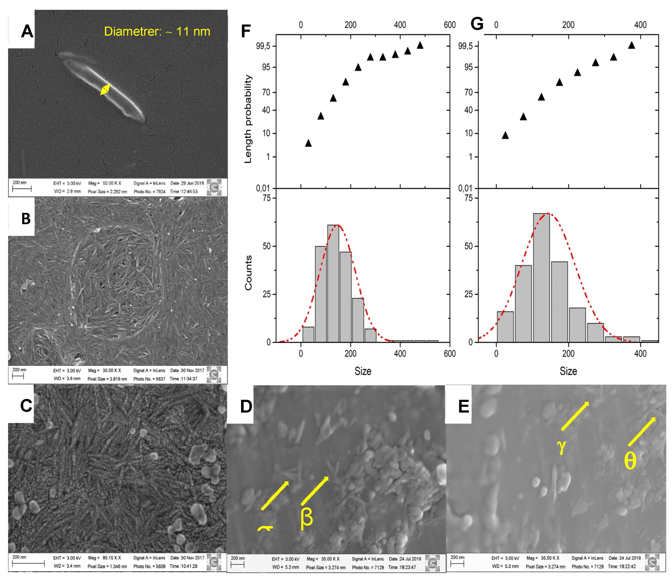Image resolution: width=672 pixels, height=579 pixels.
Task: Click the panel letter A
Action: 27,31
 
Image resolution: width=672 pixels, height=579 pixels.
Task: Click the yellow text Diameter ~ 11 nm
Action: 157,31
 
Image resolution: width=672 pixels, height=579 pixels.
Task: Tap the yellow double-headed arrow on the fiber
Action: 105,90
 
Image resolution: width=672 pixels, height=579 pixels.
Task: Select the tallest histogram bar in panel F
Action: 333,283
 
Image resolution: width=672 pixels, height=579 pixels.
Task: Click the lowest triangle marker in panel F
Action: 308,143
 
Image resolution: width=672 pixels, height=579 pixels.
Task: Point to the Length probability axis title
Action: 248,119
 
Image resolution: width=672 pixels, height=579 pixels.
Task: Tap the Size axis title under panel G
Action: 568,371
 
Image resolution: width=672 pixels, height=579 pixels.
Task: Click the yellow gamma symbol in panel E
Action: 561,446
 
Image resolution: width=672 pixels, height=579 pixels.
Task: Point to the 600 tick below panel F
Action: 449,354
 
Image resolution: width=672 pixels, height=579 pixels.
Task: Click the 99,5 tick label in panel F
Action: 263,46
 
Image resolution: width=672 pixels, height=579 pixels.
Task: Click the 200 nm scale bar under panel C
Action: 28,563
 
